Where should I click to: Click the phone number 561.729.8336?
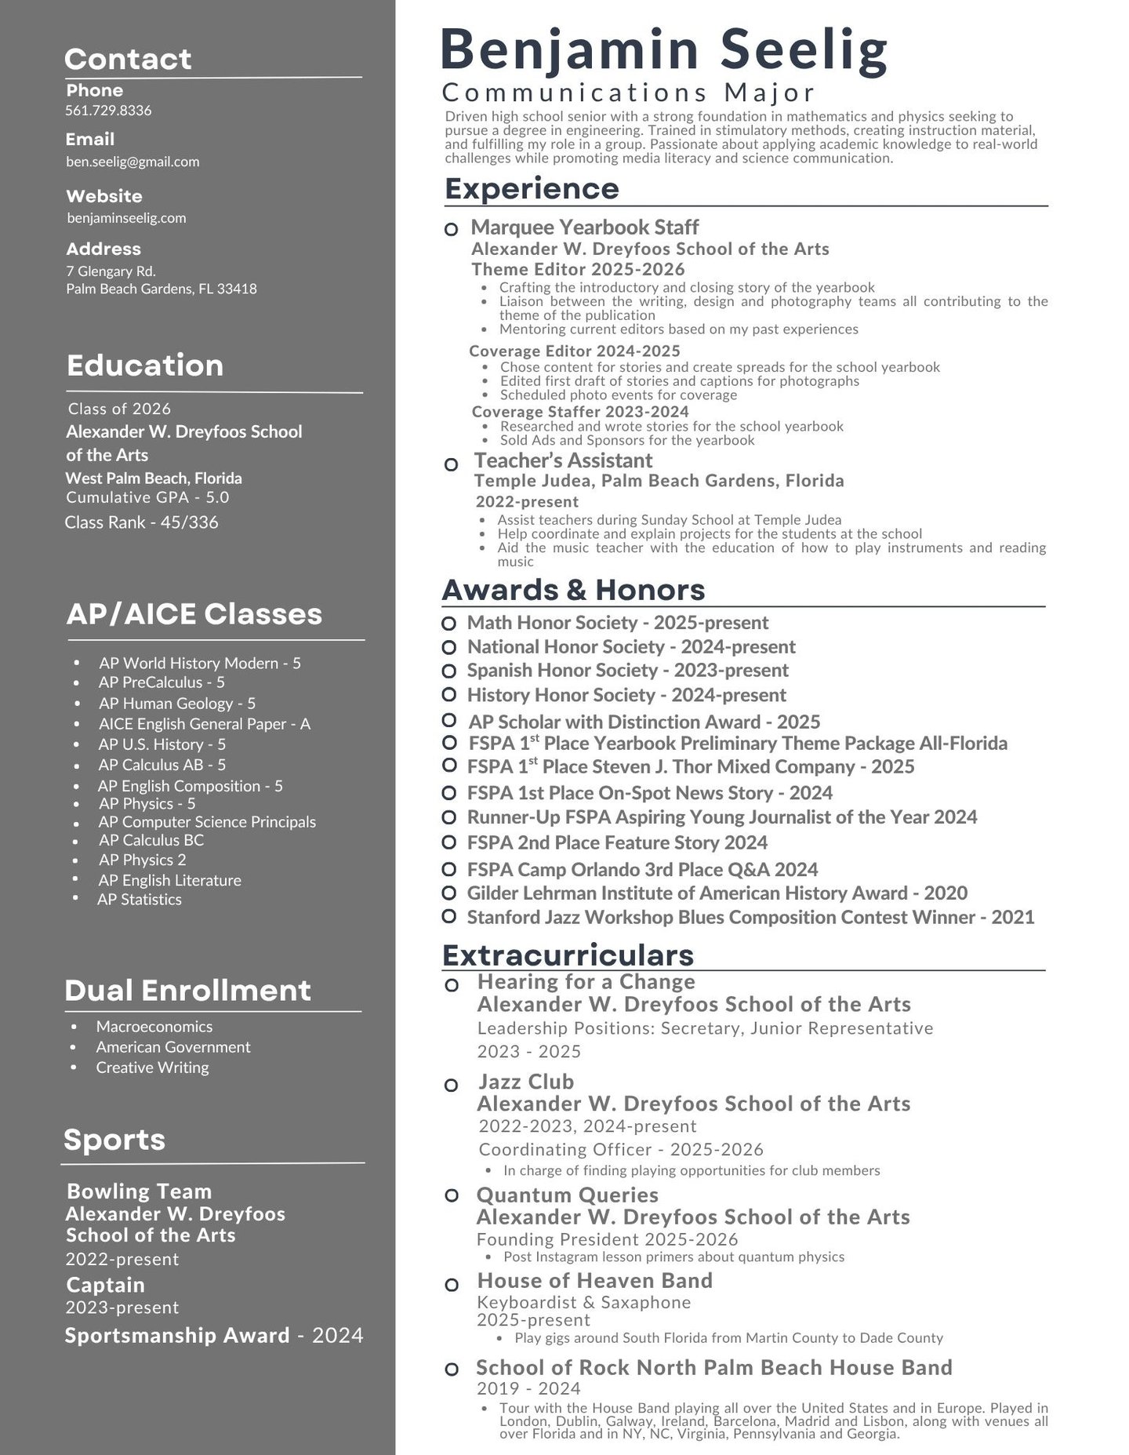(108, 111)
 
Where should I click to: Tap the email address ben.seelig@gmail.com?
(133, 162)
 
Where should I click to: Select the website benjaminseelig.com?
(126, 218)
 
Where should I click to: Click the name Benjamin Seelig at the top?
(663, 50)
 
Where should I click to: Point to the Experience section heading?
(532, 189)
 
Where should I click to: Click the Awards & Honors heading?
(573, 590)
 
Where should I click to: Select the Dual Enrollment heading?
(187, 990)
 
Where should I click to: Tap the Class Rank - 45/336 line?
(141, 522)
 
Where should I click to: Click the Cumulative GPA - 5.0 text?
(147, 497)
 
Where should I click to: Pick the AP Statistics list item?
(140, 900)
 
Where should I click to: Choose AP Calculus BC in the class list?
(151, 840)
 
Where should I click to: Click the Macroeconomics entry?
(154, 1027)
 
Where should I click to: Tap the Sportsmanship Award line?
(213, 1335)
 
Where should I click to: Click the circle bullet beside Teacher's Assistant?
(451, 464)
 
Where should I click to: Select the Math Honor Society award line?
(617, 623)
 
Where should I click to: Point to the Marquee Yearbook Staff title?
(584, 227)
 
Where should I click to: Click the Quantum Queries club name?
(567, 1195)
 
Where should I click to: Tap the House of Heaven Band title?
(594, 1281)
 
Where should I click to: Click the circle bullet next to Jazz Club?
(451, 1086)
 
